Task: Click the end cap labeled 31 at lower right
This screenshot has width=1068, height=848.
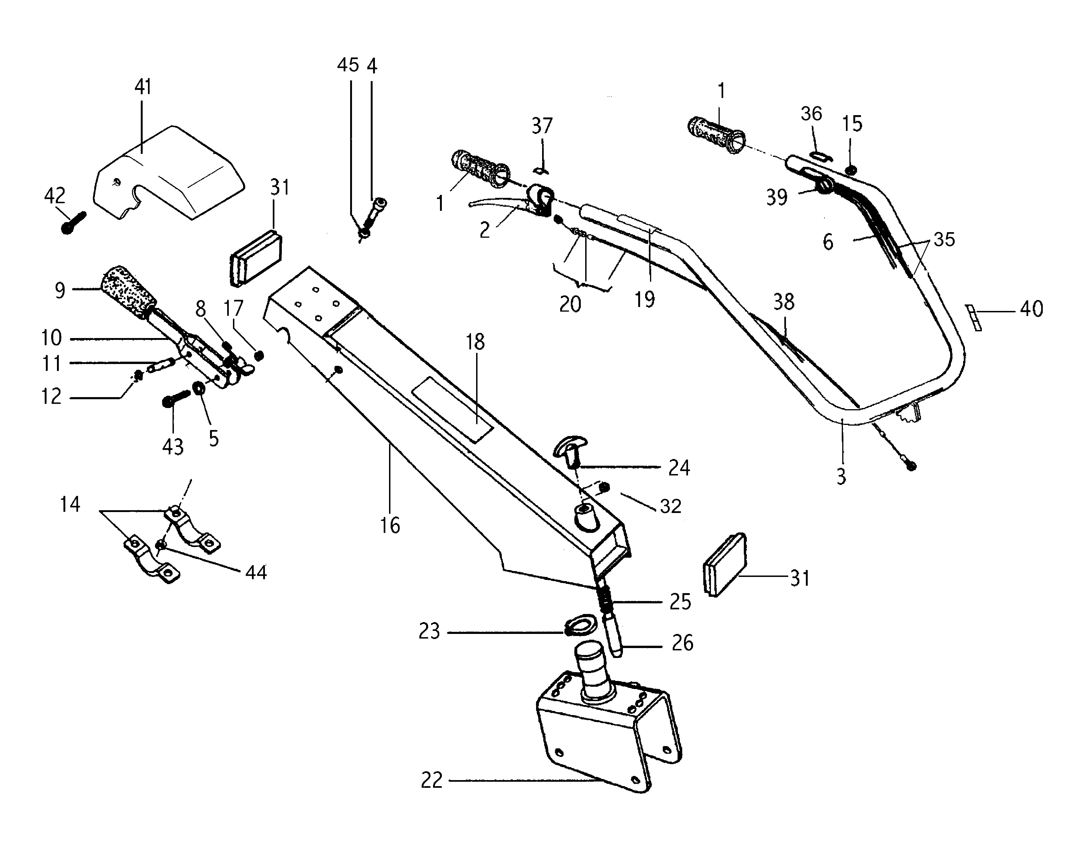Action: click(724, 564)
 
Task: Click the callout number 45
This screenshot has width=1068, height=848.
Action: click(348, 65)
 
